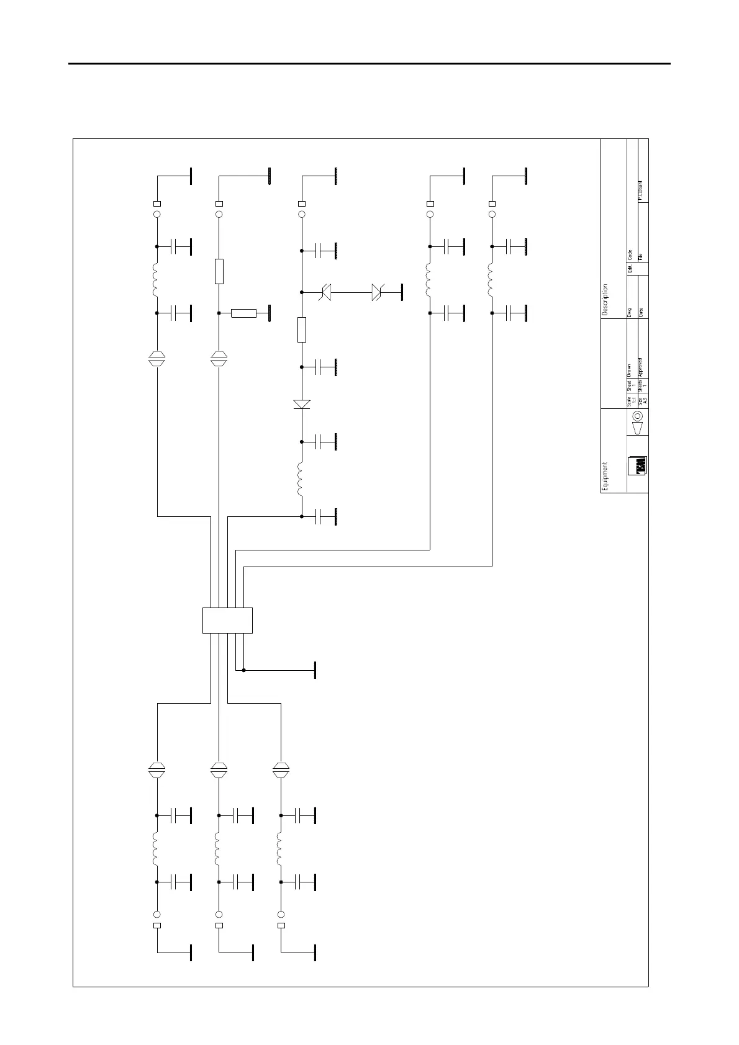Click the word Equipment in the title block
pyautogui.click(x=605, y=476)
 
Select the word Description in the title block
pyautogui.click(x=605, y=300)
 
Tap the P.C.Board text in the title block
pyautogui.click(x=640, y=191)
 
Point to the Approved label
pyautogui.click(x=640, y=367)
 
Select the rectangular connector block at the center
pyautogui.click(x=227, y=620)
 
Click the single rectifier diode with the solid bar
pyautogui.click(x=302, y=405)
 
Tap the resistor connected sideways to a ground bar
pyautogui.click(x=243, y=313)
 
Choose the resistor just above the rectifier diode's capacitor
pyautogui.click(x=302, y=330)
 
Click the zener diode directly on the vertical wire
pyautogui.click(x=325, y=292)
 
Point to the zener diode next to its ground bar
pyautogui.click(x=377, y=292)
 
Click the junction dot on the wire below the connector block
pyautogui.click(x=243, y=670)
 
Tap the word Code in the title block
pyautogui.click(x=629, y=254)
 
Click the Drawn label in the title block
pyautogui.click(x=629, y=370)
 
